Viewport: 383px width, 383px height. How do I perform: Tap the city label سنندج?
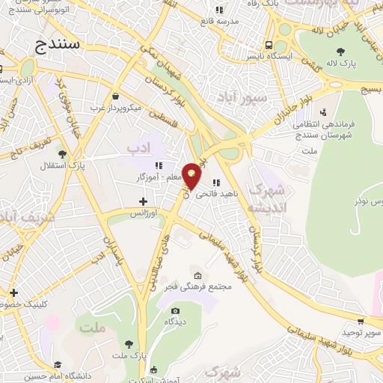(59, 46)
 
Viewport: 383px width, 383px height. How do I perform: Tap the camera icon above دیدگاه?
(175, 311)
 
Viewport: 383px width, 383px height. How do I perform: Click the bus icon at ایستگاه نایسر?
(268, 44)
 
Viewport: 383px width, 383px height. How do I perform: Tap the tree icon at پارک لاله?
(340, 52)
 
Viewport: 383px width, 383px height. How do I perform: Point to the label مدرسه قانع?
(239, 21)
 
